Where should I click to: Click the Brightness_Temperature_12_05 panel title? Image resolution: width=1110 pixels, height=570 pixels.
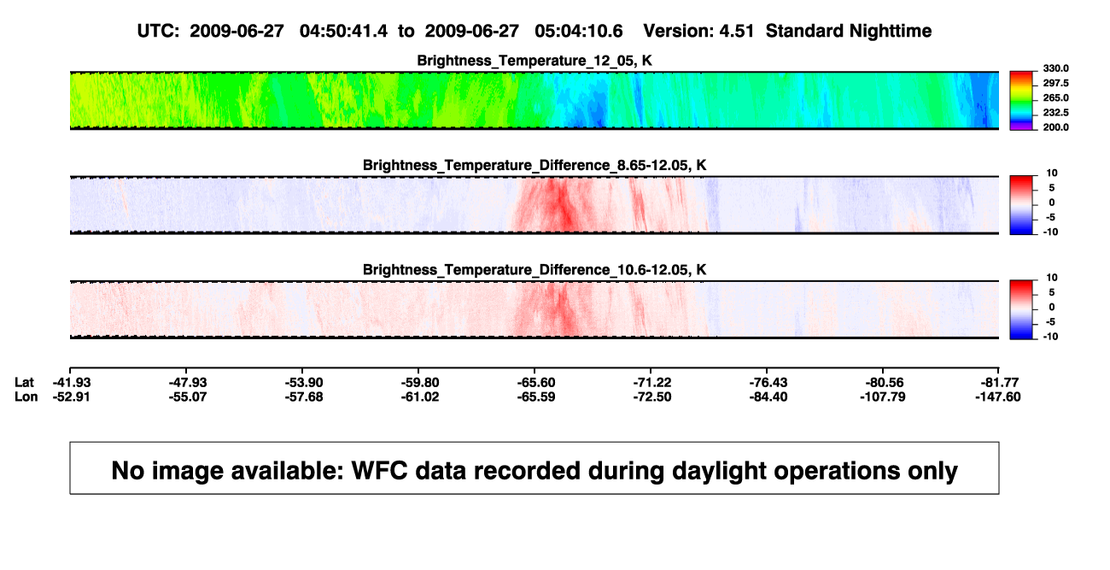[535, 61]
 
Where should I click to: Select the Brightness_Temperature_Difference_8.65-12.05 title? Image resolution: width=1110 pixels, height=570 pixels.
[535, 165]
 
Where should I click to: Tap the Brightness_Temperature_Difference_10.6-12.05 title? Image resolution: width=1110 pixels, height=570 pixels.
[535, 270]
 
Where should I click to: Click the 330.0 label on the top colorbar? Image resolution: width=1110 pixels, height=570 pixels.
[1055, 68]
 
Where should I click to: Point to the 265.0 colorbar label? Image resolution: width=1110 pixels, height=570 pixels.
[1055, 97]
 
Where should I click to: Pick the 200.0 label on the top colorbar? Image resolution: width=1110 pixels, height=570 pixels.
[1055, 127]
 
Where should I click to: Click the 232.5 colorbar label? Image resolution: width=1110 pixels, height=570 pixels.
[1055, 113]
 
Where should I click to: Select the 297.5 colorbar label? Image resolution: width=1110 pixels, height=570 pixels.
[1055, 83]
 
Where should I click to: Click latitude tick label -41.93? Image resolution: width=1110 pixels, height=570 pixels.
[72, 383]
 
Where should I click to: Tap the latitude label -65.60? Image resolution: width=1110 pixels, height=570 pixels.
[536, 383]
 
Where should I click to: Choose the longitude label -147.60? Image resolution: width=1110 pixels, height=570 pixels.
[997, 397]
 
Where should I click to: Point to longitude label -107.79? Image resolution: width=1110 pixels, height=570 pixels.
[883, 397]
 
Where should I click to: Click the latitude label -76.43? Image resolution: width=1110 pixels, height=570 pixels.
[768, 383]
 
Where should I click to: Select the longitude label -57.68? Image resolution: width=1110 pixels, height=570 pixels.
[304, 397]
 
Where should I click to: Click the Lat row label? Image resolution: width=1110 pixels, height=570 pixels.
[24, 383]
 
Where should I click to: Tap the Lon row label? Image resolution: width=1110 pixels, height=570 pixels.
[26, 397]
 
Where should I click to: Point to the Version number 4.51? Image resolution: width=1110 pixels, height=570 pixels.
[736, 32]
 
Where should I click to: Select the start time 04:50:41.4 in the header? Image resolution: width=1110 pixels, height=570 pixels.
[343, 32]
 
